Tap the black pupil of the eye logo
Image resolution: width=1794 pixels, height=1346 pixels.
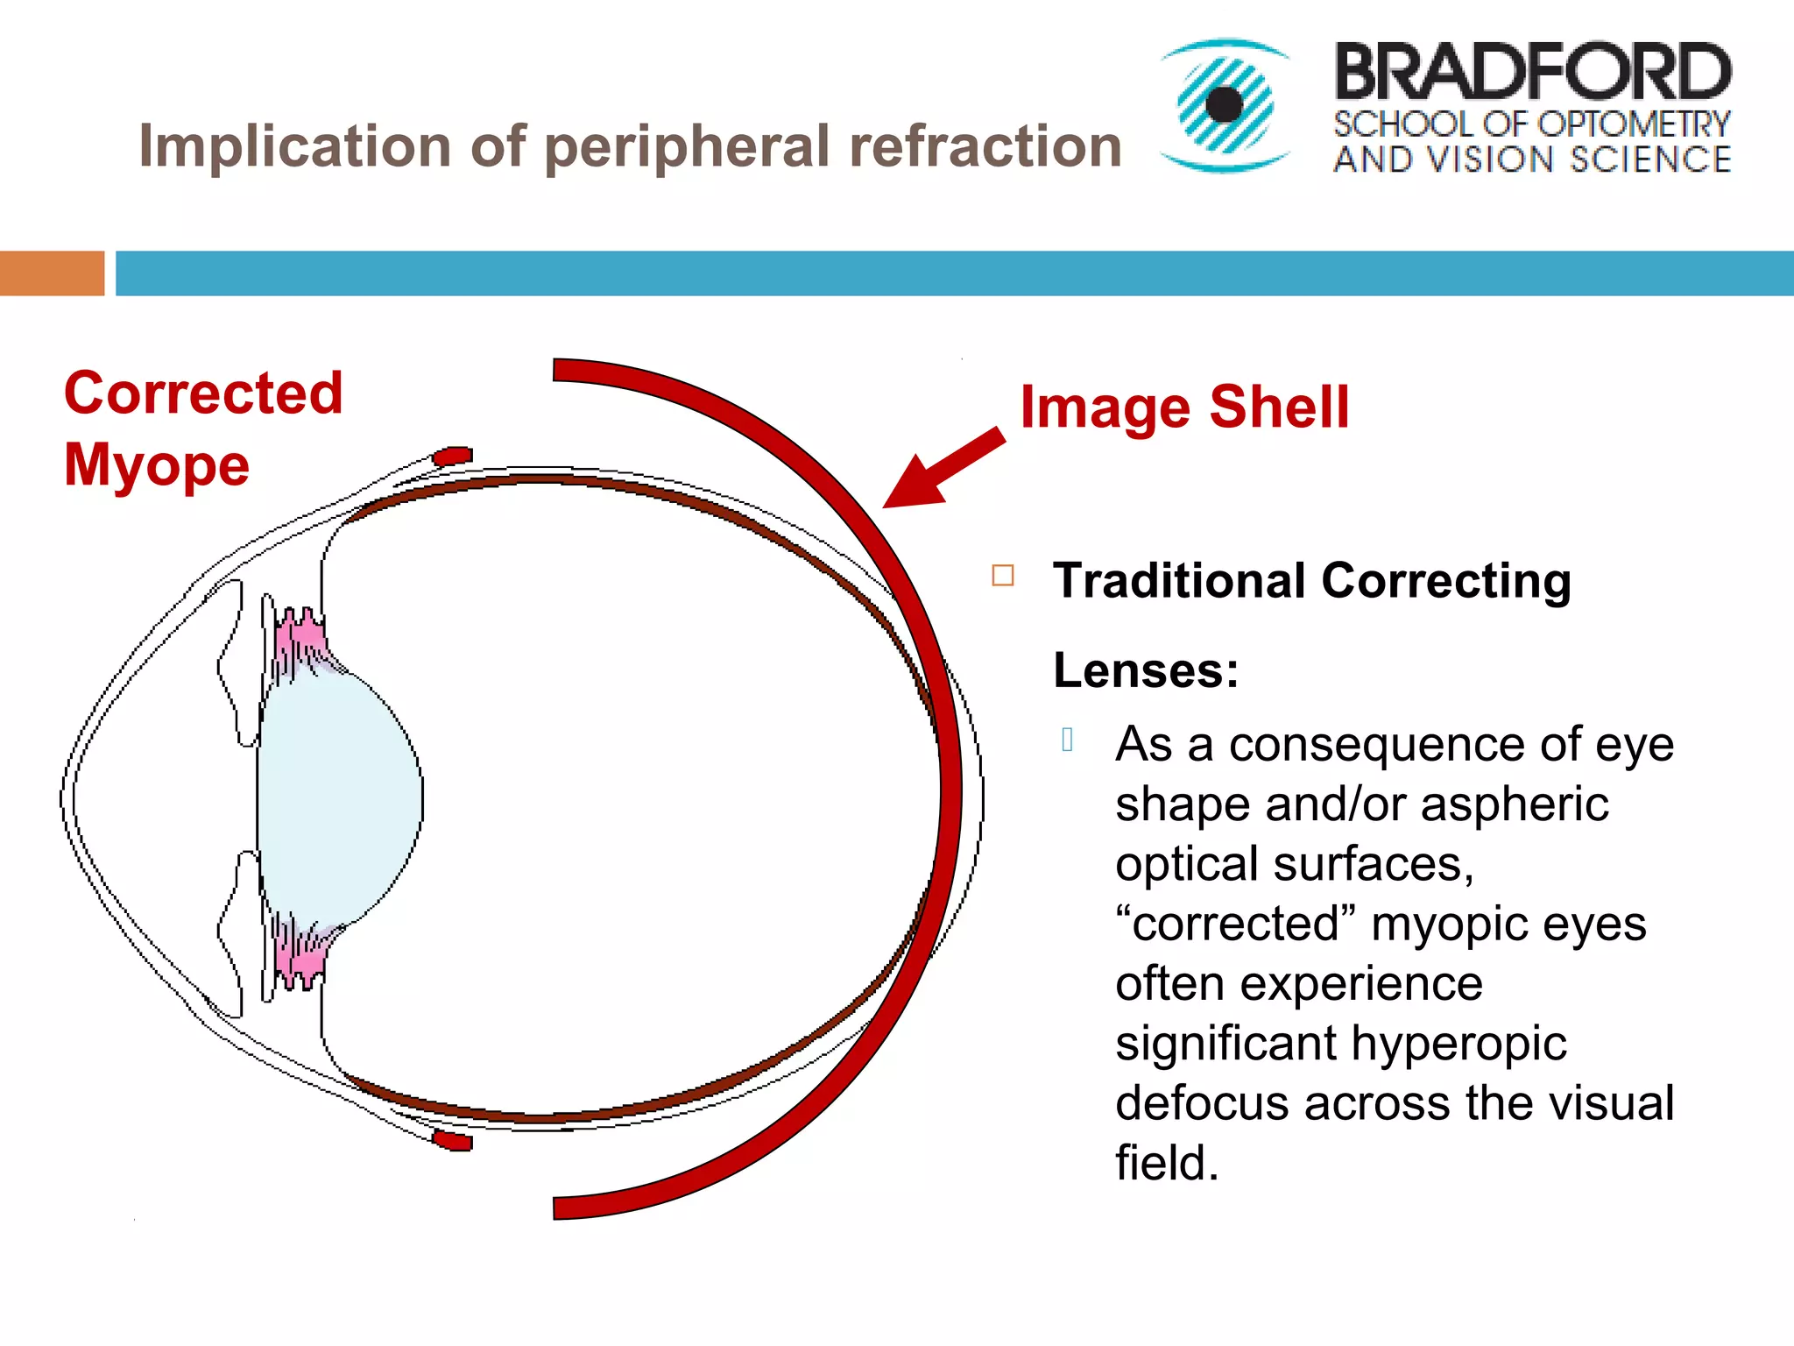click(x=1224, y=105)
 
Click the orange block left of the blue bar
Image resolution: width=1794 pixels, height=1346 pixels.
click(x=52, y=273)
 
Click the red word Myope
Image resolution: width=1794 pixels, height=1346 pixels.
click(x=157, y=464)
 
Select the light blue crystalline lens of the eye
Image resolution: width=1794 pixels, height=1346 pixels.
click(x=342, y=797)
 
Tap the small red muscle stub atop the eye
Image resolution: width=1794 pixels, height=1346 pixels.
click(x=453, y=457)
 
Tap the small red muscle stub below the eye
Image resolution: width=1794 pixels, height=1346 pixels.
click(x=453, y=1140)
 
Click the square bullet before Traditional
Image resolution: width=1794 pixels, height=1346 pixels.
click(x=1003, y=576)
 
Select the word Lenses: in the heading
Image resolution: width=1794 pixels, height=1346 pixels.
click(x=1146, y=671)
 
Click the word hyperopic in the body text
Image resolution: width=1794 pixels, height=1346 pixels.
click(x=1459, y=1044)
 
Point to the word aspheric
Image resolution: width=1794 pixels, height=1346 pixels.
click(x=1515, y=804)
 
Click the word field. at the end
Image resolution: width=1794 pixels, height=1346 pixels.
click(x=1167, y=1164)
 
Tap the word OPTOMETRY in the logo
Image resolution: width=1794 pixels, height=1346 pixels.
click(x=1634, y=124)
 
